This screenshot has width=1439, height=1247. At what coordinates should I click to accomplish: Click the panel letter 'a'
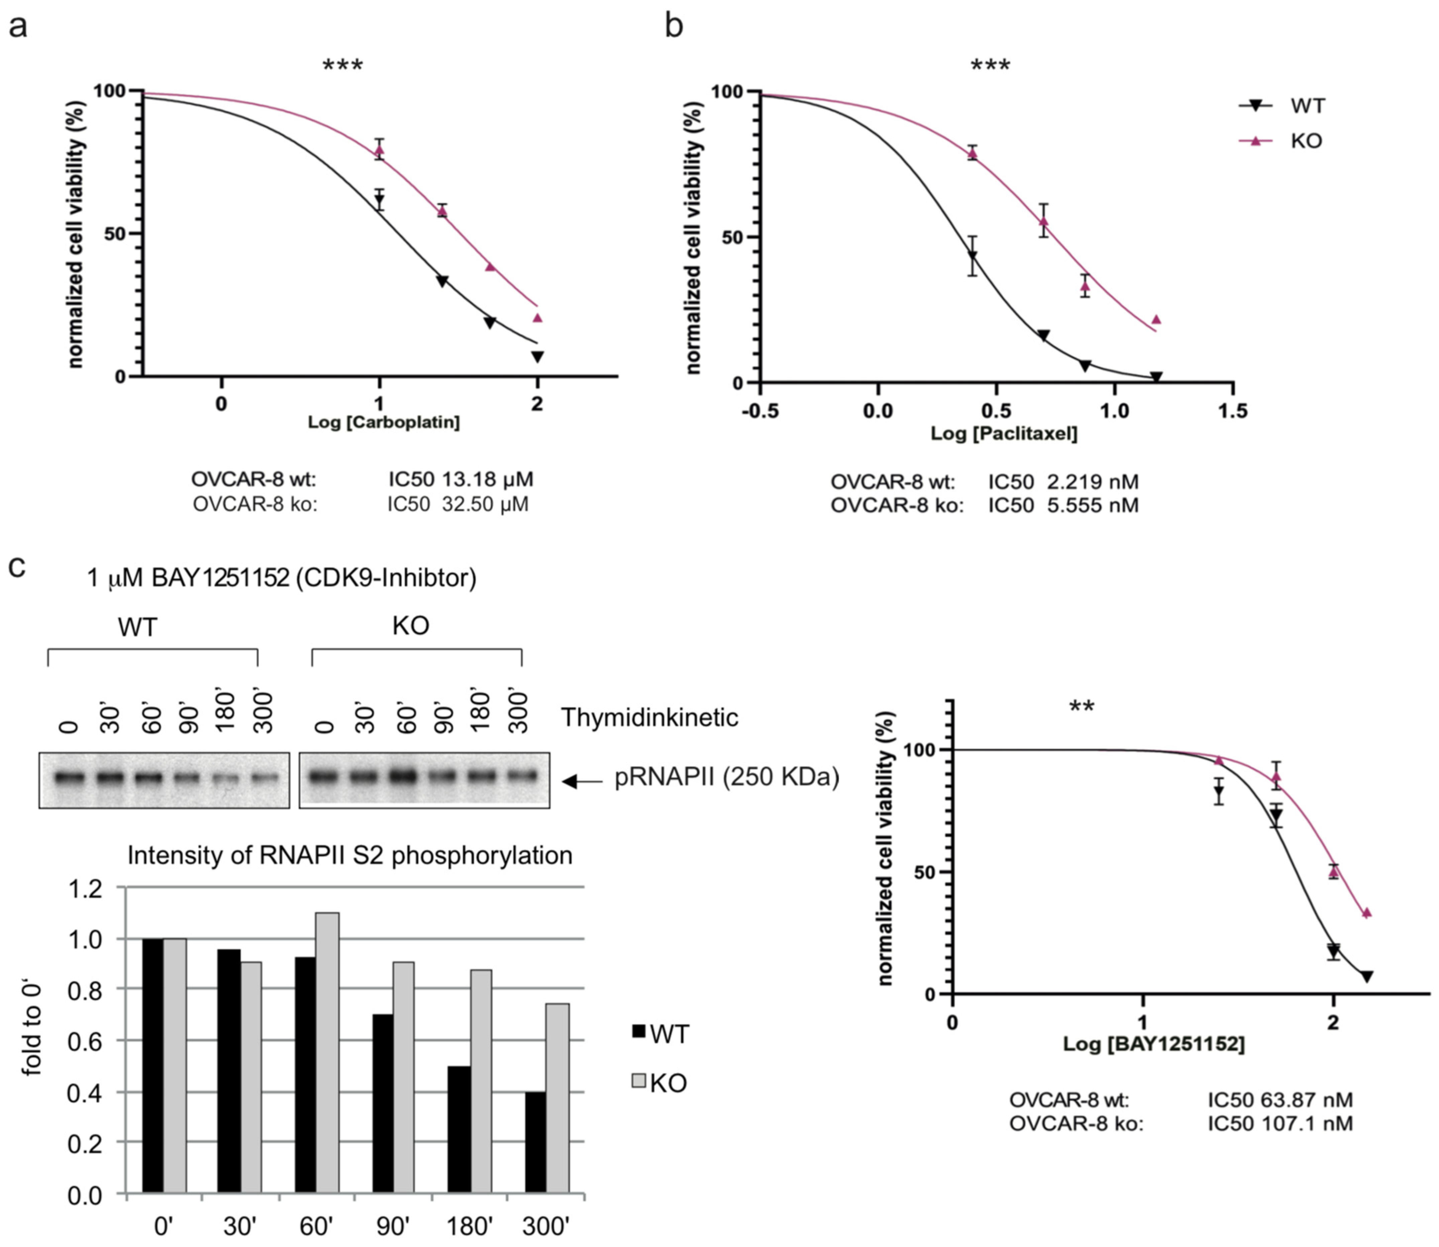tap(17, 28)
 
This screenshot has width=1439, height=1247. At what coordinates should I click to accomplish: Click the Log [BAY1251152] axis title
tap(1153, 1044)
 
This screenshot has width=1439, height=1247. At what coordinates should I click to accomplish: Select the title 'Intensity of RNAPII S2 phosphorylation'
tap(349, 855)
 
